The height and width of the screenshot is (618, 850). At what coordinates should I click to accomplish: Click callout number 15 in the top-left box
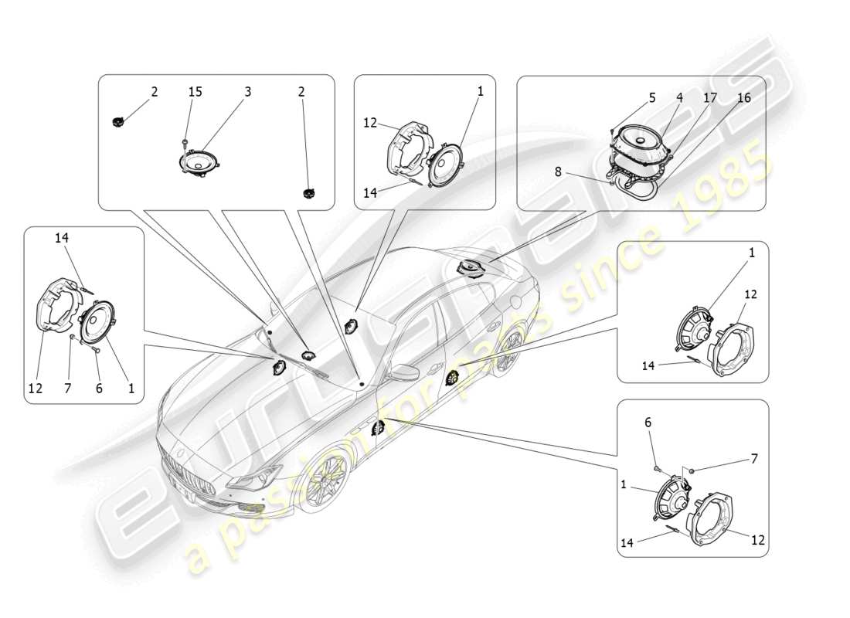(195, 92)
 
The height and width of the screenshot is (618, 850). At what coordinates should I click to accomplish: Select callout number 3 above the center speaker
(248, 92)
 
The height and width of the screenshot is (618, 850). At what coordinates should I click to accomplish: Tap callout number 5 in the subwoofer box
(652, 98)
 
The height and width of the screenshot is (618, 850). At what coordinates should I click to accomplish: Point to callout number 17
(710, 98)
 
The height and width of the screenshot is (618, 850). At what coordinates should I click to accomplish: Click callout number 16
(743, 98)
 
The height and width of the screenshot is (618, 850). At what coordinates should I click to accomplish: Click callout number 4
(679, 98)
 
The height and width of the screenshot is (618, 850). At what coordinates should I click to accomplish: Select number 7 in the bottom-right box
(754, 458)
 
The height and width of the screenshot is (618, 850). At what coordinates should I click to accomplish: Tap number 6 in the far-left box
(99, 389)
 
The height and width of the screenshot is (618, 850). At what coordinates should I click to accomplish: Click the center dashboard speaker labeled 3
(200, 163)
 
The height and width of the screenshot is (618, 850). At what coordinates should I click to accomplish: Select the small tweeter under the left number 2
(119, 121)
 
